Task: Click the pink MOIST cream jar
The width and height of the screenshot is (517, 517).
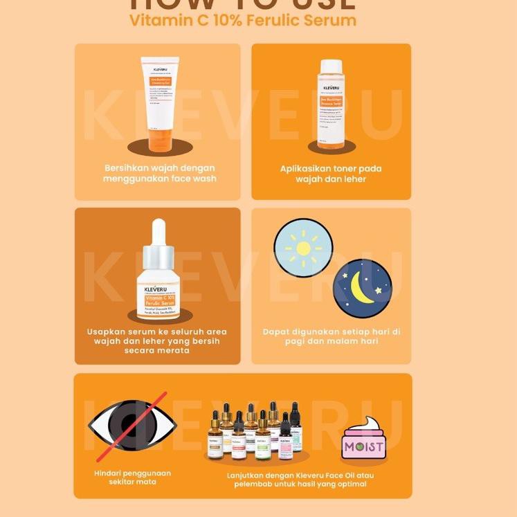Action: [364, 446]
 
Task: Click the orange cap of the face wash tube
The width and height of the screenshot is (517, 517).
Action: [159, 143]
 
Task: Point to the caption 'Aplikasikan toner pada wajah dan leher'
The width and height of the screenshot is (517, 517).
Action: [331, 174]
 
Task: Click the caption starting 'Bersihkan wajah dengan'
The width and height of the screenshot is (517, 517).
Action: [160, 174]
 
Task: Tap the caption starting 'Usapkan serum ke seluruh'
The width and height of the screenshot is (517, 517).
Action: [157, 341]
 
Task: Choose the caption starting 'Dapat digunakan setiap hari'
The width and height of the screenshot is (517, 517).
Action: [332, 337]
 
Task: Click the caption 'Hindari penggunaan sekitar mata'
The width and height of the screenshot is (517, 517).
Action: [132, 478]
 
